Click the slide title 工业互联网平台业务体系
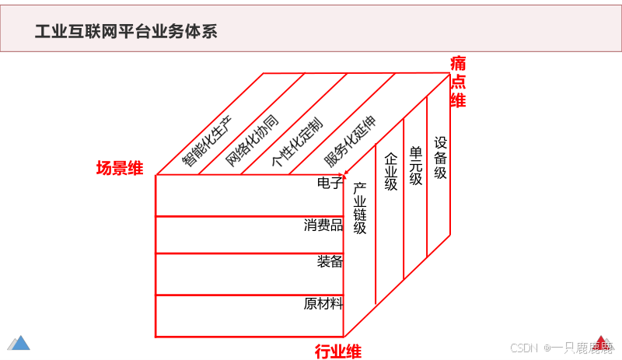click(126, 31)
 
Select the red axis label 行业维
click(337, 351)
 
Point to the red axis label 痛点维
click(458, 81)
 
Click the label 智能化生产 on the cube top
click(207, 140)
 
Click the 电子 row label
click(330, 184)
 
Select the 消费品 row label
click(323, 225)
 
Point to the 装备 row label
click(330, 262)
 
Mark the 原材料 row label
click(323, 303)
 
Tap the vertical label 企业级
click(391, 171)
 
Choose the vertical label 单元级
click(416, 166)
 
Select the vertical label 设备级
click(441, 158)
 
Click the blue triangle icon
click(19, 342)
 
